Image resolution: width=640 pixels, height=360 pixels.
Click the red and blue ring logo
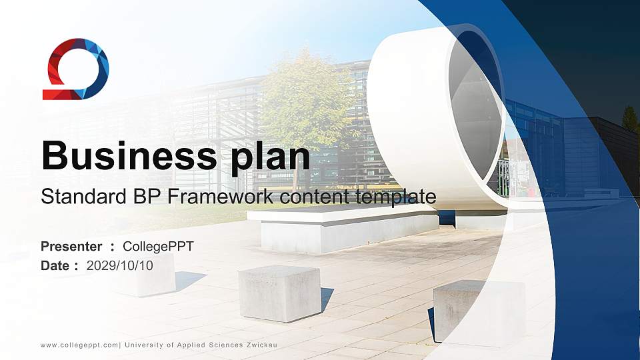75,69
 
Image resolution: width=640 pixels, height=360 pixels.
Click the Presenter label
71,247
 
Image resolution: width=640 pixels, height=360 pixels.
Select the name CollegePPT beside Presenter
159,247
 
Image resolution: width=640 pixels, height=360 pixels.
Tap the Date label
55,265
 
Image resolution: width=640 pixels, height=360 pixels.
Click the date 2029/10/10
120,265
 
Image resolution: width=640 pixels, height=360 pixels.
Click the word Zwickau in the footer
261,345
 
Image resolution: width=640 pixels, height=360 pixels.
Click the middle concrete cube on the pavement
279,293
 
